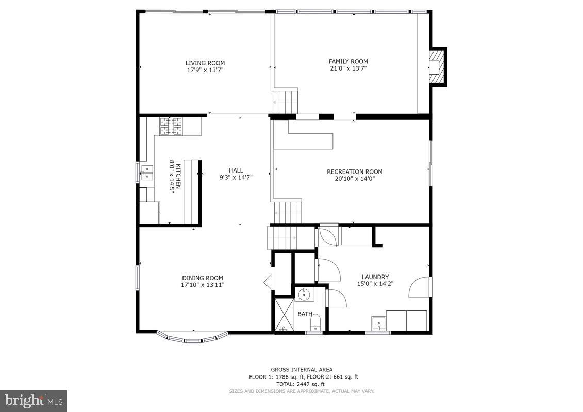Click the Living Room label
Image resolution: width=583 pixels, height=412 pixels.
click(205, 63)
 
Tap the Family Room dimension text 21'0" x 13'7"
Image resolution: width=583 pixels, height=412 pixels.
click(348, 68)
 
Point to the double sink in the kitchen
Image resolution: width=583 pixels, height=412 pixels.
click(147, 173)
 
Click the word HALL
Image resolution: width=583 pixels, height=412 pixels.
click(236, 170)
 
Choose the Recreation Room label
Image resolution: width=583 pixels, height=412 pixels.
click(355, 171)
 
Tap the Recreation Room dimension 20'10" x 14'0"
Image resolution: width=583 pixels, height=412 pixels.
click(355, 179)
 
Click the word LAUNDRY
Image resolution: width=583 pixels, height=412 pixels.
click(375, 277)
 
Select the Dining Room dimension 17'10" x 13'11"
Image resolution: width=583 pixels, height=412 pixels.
click(202, 285)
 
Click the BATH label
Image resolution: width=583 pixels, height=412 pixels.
click(304, 314)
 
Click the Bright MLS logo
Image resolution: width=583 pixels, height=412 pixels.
click(34, 400)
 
